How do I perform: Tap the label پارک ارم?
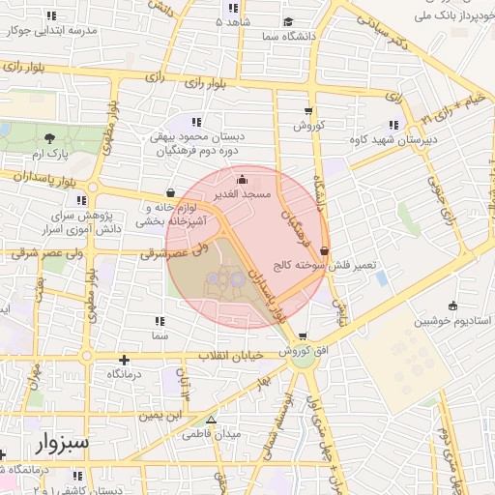click(47, 155)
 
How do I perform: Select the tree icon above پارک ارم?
click(48, 139)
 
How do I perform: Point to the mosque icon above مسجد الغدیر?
click(242, 179)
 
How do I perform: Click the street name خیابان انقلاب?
click(231, 356)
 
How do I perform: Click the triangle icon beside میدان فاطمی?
click(212, 420)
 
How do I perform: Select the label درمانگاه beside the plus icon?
click(109, 373)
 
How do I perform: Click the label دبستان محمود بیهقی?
click(198, 136)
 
